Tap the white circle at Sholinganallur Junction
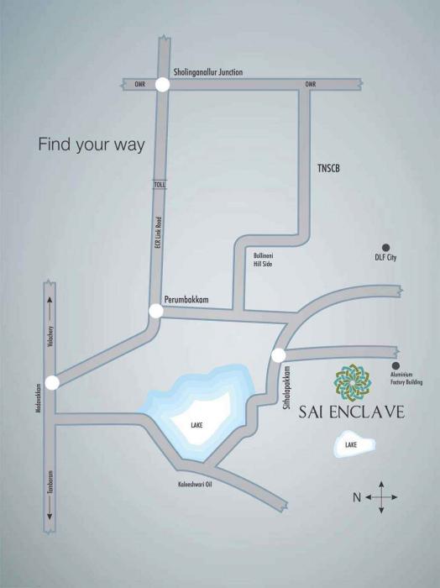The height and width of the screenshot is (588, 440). (x=162, y=83)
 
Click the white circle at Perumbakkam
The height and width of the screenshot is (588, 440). (x=155, y=311)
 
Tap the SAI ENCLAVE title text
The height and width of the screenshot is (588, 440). (x=351, y=412)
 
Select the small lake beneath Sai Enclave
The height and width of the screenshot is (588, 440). (x=351, y=444)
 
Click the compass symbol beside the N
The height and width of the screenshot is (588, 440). (x=381, y=497)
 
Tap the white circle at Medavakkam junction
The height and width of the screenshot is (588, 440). (x=52, y=383)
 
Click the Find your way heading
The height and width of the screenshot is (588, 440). (x=92, y=144)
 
